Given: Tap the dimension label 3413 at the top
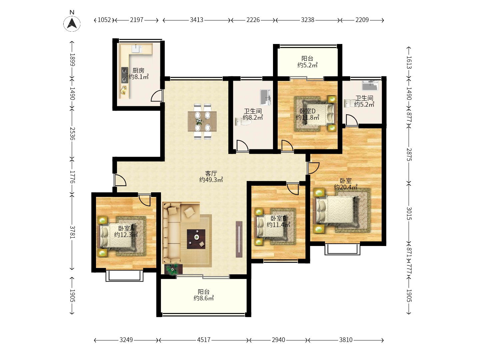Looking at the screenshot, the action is pos(197,20).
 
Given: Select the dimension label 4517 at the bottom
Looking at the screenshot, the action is pos(204,340).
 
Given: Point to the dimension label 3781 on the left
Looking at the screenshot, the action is pos(72,232).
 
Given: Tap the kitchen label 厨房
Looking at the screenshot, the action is pos(138,70).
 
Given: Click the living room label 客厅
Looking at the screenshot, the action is pos(211,173).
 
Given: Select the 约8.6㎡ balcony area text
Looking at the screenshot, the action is pos(204,298).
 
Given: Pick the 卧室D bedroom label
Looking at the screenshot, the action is pos(307,111).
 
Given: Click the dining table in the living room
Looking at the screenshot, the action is pos(202,121).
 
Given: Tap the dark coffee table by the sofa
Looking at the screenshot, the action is pos(196,239).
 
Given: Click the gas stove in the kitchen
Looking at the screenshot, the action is pos(125,75).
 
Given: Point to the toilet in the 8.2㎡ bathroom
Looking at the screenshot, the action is pos(243,122).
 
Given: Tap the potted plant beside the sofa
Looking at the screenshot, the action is pos(173,269).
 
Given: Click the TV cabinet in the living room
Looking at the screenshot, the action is pos(239,239).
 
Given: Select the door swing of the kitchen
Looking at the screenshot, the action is pos(157,96).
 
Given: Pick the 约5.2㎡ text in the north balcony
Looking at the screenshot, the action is pos(307,65).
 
